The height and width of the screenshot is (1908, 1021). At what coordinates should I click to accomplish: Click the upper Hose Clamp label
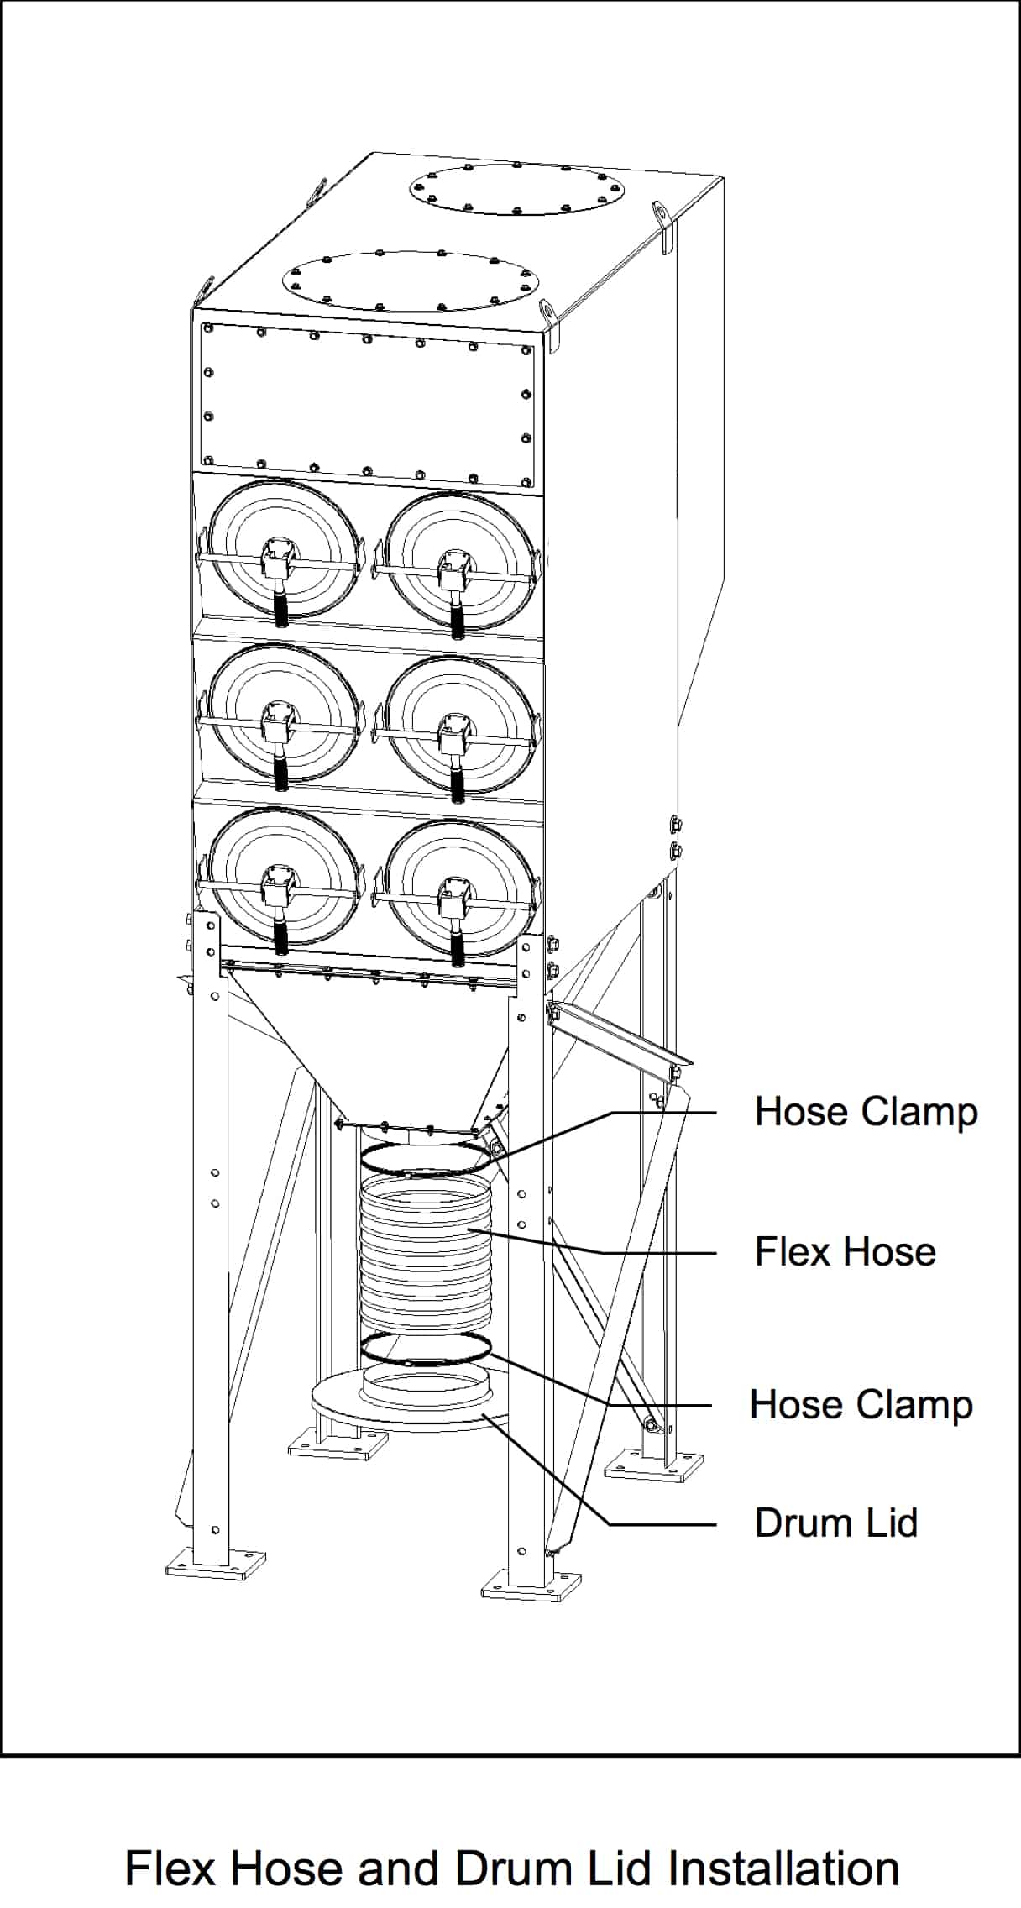click(866, 1112)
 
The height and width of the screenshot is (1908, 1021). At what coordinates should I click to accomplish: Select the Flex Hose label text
click(845, 1251)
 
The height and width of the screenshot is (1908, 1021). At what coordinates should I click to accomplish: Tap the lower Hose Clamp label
click(861, 1404)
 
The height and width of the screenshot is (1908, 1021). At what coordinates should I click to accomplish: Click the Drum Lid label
click(835, 1523)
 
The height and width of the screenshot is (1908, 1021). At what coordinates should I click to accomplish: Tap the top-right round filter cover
click(460, 563)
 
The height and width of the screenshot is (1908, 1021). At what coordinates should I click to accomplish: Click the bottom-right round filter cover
click(460, 890)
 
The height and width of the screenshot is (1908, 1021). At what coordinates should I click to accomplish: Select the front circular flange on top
click(409, 280)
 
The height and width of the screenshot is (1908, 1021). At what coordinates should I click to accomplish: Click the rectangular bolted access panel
click(367, 405)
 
